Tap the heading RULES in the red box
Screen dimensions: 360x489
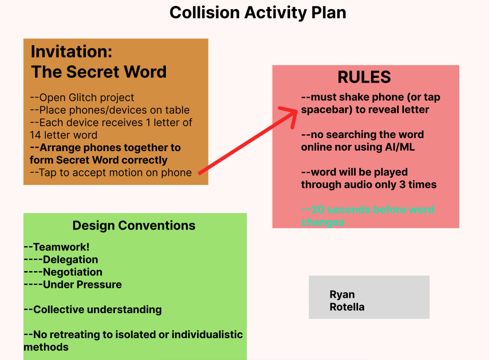pyautogui.click(x=364, y=77)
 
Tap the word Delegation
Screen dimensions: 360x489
pyautogui.click(x=70, y=260)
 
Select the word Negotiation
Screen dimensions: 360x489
pyautogui.click(x=73, y=272)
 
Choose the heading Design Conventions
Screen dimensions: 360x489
pyautogui.click(x=134, y=226)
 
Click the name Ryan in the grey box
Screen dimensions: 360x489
pyautogui.click(x=342, y=295)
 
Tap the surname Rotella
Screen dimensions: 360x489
pyautogui.click(x=347, y=307)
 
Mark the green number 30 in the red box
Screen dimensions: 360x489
pyautogui.click(x=316, y=209)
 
